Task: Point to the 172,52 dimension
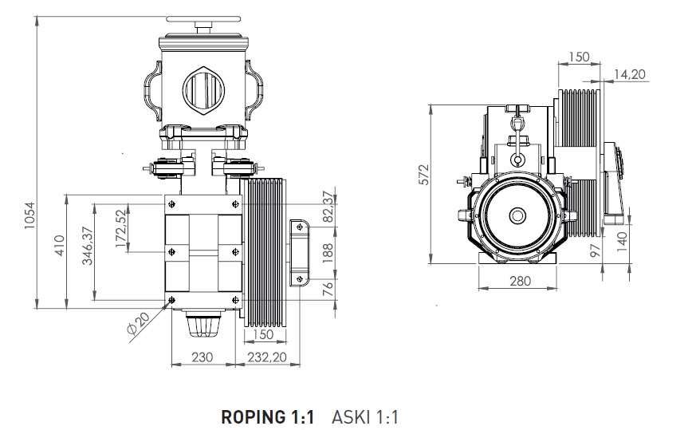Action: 120,230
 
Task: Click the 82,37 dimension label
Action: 326,208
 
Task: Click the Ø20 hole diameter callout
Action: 138,323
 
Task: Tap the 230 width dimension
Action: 203,357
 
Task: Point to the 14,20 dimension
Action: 630,74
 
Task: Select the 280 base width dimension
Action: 520,281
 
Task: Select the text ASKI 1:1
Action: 364,416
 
